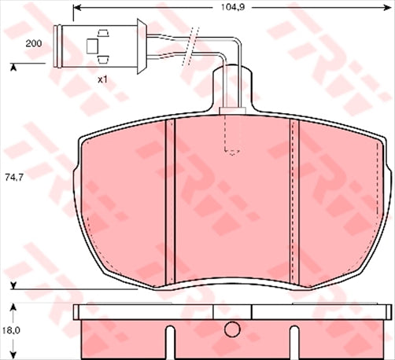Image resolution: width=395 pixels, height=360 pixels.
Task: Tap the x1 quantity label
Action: (x=102, y=79)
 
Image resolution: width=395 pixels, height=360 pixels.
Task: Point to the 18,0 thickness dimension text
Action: (x=13, y=331)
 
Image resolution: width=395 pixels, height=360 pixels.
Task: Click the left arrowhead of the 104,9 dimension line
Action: (x=76, y=9)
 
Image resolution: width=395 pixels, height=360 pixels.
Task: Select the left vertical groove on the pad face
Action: (x=169, y=203)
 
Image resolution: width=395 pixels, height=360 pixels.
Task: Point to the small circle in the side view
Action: (x=232, y=331)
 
